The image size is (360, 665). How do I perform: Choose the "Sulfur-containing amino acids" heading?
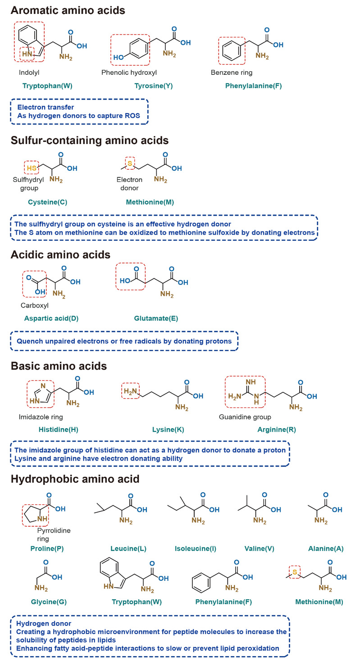90,140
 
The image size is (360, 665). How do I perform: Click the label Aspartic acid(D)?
51,318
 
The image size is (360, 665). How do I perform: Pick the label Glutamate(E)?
156,318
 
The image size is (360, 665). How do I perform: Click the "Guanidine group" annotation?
245,417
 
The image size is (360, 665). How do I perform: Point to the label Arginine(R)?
277,430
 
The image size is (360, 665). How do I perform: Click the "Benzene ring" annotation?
232,72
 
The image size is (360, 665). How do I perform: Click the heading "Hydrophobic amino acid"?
75,479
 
